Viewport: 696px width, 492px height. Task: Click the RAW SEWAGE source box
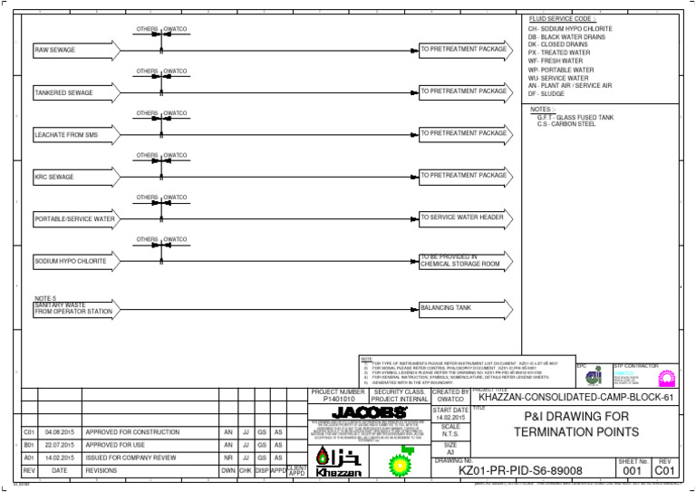pos(73,50)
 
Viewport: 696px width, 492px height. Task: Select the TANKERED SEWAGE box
pos(73,92)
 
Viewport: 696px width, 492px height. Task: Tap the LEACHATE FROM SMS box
pos(73,134)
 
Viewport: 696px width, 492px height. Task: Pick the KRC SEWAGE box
pos(73,177)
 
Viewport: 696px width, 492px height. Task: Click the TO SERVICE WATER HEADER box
pos(463,218)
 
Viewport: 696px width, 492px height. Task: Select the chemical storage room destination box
pos(463,261)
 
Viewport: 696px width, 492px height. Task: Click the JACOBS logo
pos(363,413)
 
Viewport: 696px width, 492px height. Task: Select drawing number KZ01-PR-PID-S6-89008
pos(520,470)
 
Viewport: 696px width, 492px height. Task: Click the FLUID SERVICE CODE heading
pos(563,19)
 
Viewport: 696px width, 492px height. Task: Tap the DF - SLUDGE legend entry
pos(546,94)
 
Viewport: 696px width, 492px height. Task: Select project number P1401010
pos(338,399)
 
